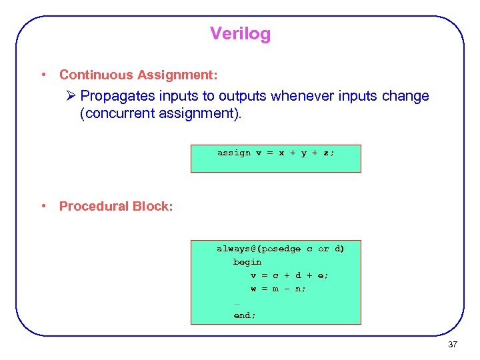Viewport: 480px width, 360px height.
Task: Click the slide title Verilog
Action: tap(240, 33)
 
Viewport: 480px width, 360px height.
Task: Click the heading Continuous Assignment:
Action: tap(138, 75)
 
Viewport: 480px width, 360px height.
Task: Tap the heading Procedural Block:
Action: tap(116, 206)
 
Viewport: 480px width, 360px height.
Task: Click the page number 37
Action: tap(453, 345)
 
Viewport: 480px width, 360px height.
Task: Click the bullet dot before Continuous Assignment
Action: tap(43, 75)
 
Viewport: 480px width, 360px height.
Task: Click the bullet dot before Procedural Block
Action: tap(43, 206)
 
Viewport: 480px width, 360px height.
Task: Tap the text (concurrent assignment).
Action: tap(161, 113)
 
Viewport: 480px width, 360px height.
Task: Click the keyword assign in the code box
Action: tap(234, 153)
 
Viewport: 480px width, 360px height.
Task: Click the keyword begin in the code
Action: tap(247, 262)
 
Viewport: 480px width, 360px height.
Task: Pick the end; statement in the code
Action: tap(245, 315)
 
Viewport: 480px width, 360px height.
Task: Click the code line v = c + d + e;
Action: tap(289, 275)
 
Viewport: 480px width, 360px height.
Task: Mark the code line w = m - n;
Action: tap(278, 289)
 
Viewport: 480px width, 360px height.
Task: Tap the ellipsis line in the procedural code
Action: tap(237, 303)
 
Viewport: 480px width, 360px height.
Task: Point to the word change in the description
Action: tap(406, 96)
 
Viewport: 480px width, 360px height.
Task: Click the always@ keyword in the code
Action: tap(234, 249)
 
